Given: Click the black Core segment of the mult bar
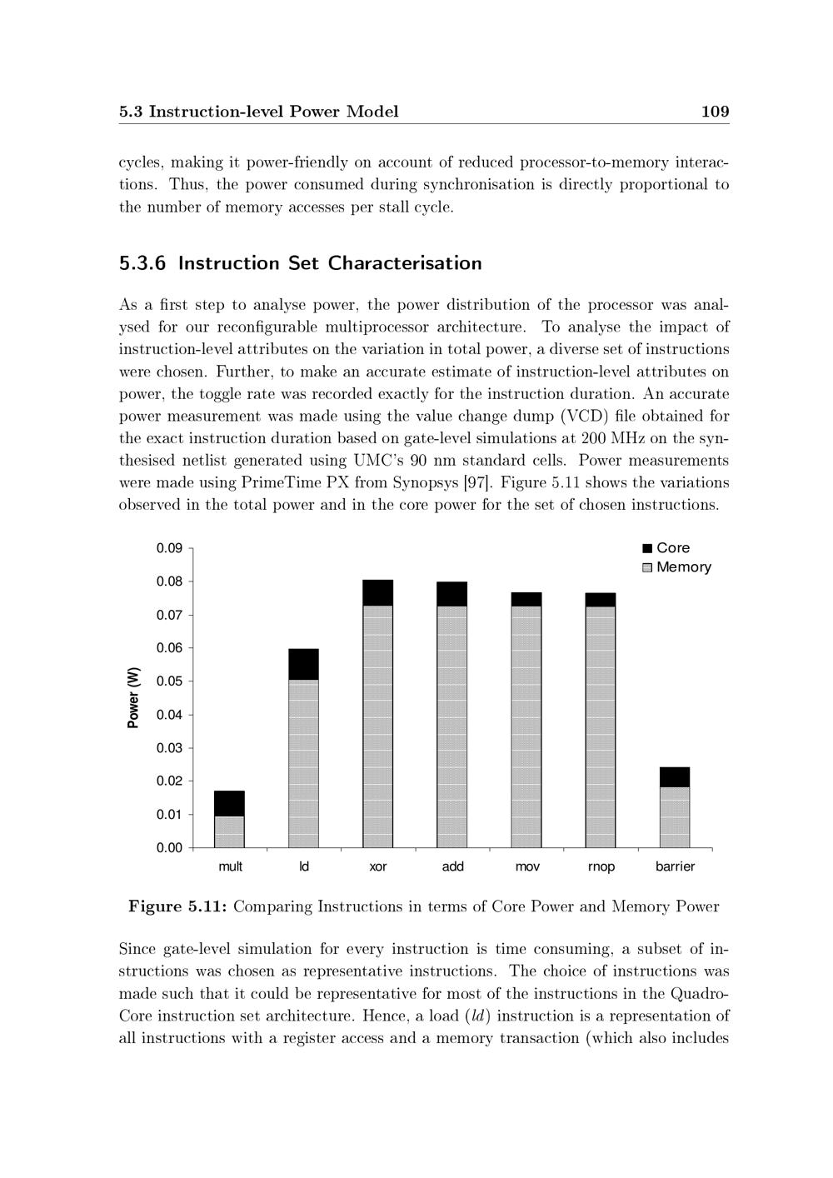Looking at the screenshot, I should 229,803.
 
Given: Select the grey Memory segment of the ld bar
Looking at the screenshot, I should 303,762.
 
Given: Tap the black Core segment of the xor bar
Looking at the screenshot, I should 377,592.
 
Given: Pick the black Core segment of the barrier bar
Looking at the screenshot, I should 675,777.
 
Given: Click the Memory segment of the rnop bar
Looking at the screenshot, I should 601,725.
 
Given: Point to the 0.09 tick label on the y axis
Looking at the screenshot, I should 169,548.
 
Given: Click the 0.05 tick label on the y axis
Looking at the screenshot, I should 169,681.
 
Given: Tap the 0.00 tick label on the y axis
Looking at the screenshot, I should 169,848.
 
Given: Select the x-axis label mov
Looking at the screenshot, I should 527,867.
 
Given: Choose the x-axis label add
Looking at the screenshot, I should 452,867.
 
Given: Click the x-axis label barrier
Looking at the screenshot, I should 675,867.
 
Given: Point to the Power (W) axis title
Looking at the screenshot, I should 133,698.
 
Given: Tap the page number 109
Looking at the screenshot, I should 715,112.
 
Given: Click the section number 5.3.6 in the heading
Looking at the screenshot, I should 142,263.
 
